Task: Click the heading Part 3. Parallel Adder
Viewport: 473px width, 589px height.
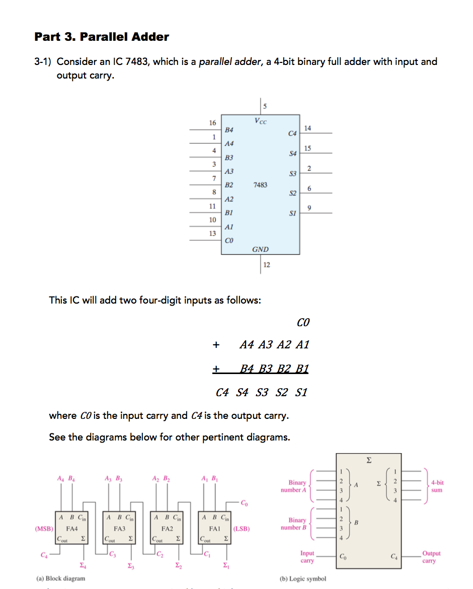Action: tap(102, 37)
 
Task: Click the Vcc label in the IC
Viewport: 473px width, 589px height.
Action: tap(261, 121)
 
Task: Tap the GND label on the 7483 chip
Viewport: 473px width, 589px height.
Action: tap(260, 249)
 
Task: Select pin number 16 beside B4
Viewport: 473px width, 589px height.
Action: tap(212, 123)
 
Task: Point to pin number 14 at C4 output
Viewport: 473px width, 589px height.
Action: tap(308, 128)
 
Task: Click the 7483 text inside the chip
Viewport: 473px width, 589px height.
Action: tap(260, 185)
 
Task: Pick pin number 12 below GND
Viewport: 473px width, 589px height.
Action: tap(267, 265)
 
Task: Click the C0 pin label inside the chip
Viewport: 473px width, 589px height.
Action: tap(228, 241)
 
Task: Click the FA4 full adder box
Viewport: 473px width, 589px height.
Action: tap(72, 529)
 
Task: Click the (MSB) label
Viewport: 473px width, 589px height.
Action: tap(43, 529)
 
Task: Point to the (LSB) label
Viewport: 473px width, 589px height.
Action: tap(242, 529)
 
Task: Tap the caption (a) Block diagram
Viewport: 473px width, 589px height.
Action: tap(60, 578)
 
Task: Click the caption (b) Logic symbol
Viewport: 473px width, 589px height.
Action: tap(302, 578)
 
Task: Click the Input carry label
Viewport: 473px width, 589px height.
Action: tap(307, 557)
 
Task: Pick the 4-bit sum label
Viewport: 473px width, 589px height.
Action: tap(437, 486)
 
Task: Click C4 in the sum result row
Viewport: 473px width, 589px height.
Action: tap(222, 392)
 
